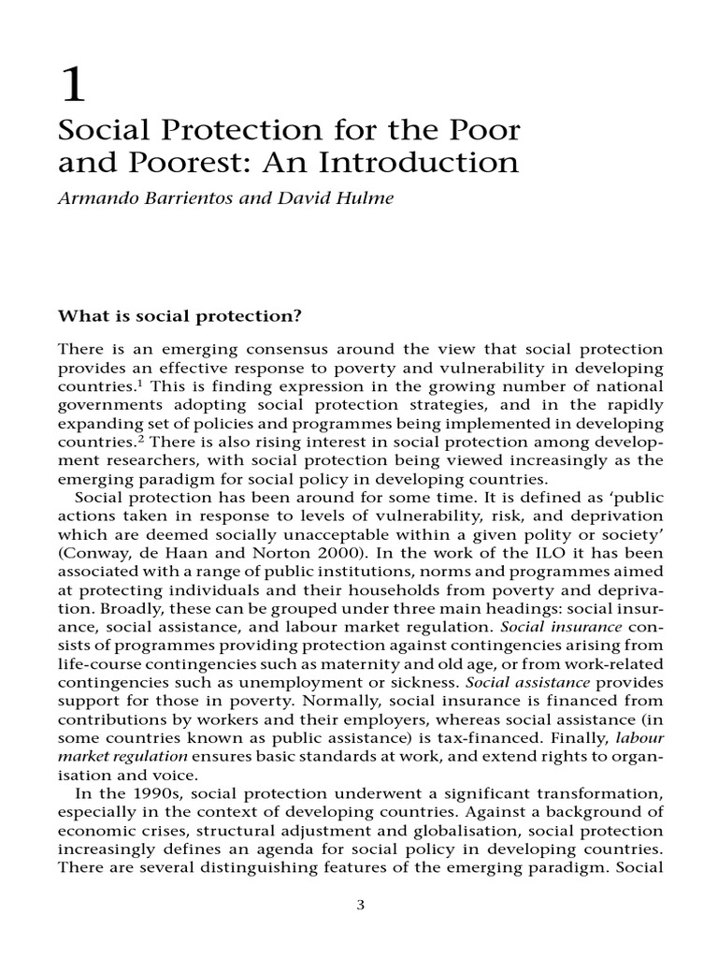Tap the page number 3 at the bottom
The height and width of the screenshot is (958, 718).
click(359, 907)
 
